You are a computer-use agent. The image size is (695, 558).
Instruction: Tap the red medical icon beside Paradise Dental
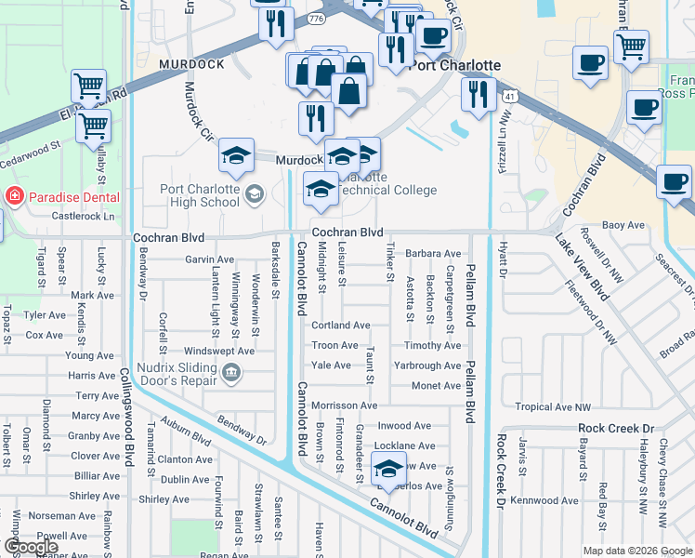pos(14,197)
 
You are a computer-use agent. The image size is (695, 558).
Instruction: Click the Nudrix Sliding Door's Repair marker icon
pos(231,374)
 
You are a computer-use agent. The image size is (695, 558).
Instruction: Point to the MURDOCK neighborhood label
pos(192,64)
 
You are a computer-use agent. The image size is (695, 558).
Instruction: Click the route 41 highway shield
pos(510,95)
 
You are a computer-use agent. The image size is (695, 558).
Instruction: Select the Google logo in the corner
pos(31,547)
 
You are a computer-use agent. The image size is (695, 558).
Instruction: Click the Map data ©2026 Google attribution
pos(636,550)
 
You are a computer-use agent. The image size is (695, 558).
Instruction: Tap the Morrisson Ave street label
pos(344,405)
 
